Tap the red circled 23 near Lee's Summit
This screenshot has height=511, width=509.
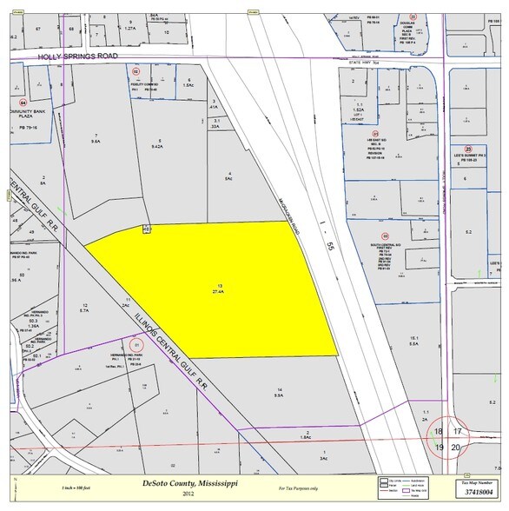(x=466, y=149)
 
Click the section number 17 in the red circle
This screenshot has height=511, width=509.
(x=459, y=432)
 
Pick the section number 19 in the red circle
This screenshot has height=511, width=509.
(x=440, y=447)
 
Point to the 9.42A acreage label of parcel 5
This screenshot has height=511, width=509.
(x=158, y=147)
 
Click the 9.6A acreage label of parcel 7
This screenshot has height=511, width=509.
(x=96, y=143)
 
